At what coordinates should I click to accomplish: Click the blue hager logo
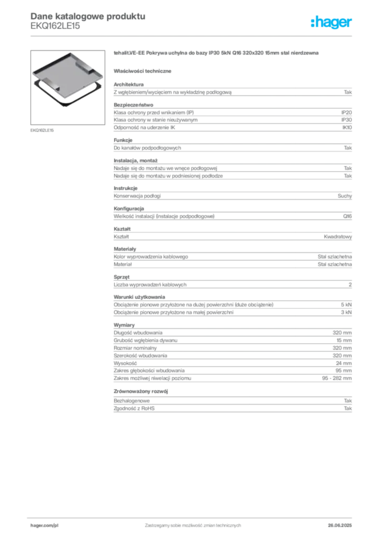pyautogui.click(x=332, y=23)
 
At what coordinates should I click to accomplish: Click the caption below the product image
pyautogui.click(x=41, y=130)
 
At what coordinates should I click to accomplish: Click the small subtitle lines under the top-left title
pyautogui.click(x=54, y=28)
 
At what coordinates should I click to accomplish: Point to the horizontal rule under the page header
pyautogui.click(x=192, y=35)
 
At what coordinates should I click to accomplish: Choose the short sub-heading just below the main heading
pyautogui.click(x=144, y=70)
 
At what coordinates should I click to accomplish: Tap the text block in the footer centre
pyautogui.click(x=192, y=524)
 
